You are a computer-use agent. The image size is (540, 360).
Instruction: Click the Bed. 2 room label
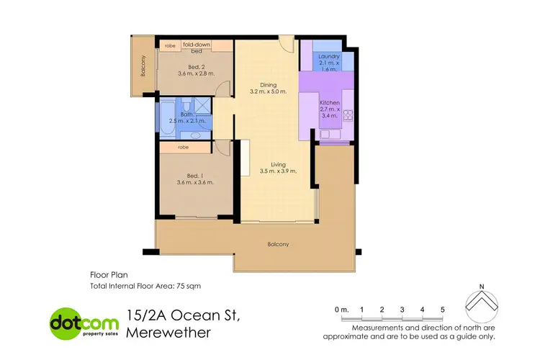pos(186,67)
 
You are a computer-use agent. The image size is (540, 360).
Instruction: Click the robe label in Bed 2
pos(170,45)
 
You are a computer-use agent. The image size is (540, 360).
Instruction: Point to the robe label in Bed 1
pos(184,147)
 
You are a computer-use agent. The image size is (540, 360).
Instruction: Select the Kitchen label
pos(330,104)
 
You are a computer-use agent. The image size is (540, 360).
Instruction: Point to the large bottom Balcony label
pos(278,244)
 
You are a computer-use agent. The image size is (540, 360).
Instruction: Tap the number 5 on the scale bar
pos(443,309)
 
